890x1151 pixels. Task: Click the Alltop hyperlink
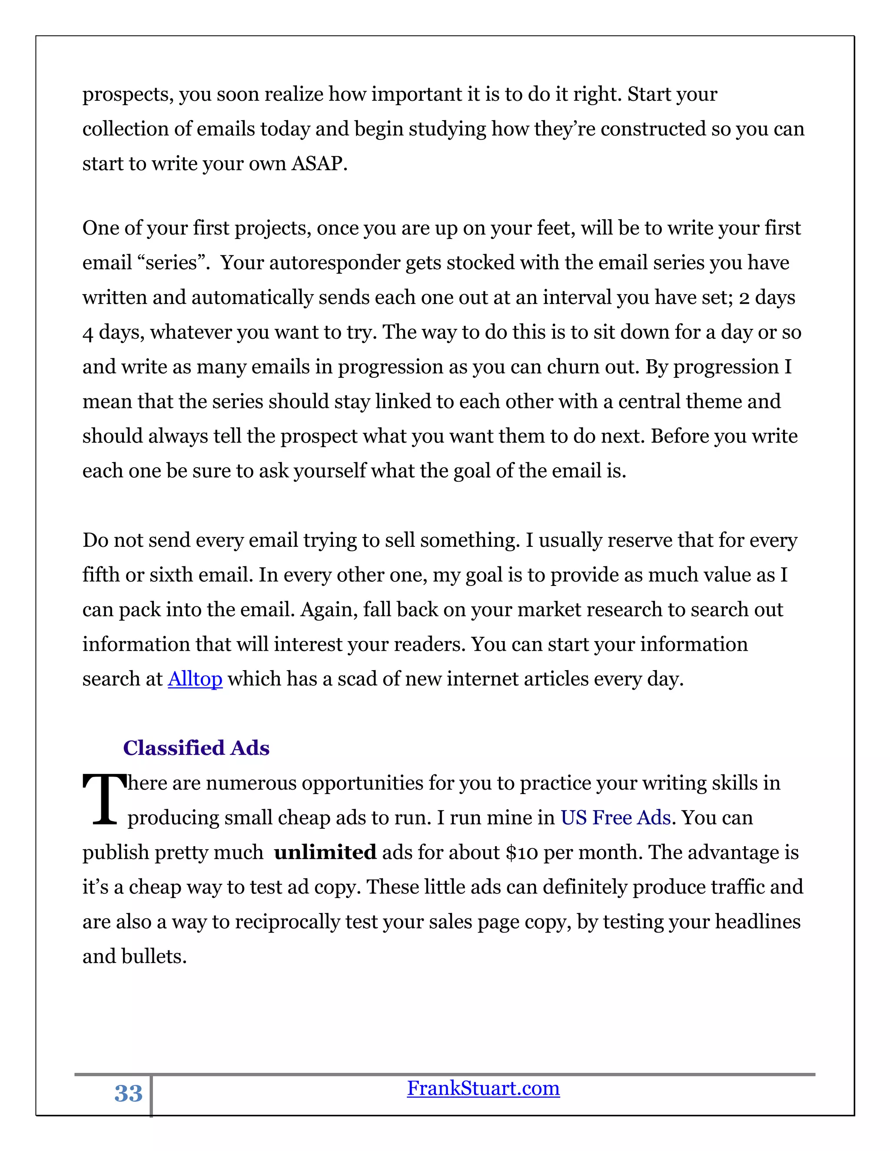(195, 679)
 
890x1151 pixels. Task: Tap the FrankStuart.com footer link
(483, 1088)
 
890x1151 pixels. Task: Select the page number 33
(128, 1094)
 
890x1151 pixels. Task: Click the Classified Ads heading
(196, 748)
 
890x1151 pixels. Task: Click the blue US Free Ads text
(615, 818)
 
